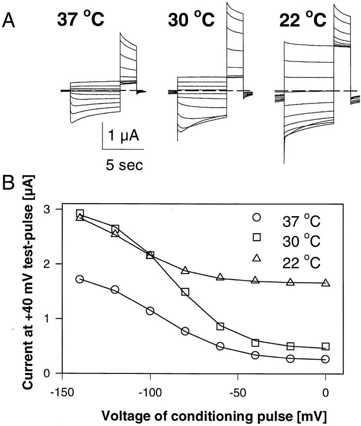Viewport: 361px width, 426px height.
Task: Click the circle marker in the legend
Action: (x=257, y=219)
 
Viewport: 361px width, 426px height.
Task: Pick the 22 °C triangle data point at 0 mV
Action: (x=325, y=283)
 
